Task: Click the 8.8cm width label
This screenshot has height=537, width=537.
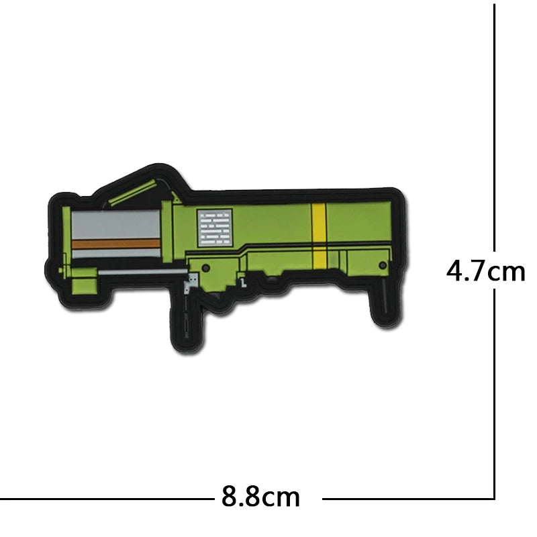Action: (260, 496)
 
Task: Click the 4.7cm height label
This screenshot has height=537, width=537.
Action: (485, 271)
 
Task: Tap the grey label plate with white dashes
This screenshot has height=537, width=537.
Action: (215, 228)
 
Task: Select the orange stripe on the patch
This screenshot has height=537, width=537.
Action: (116, 244)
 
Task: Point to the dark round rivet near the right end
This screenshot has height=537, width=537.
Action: (383, 265)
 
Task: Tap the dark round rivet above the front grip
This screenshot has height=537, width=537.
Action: (206, 268)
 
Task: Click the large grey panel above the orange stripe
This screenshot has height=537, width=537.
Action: (115, 224)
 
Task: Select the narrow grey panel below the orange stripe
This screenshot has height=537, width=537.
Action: (116, 254)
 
